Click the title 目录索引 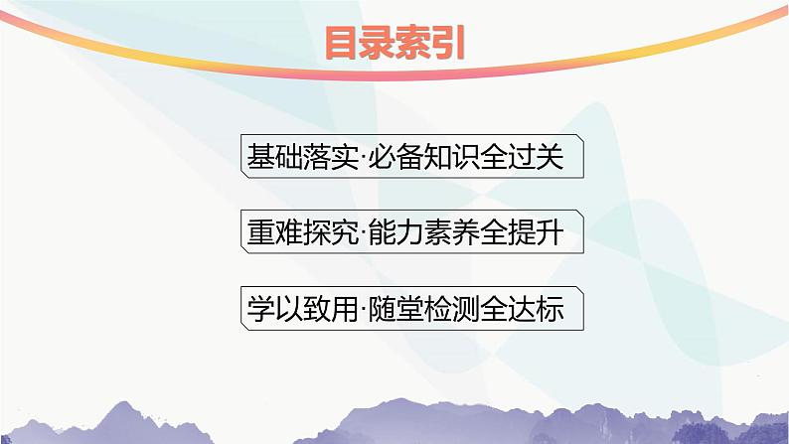click(394, 45)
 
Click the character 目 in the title click(343, 45)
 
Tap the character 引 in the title click(447, 45)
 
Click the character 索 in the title click(412, 45)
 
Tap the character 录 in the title click(378, 45)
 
